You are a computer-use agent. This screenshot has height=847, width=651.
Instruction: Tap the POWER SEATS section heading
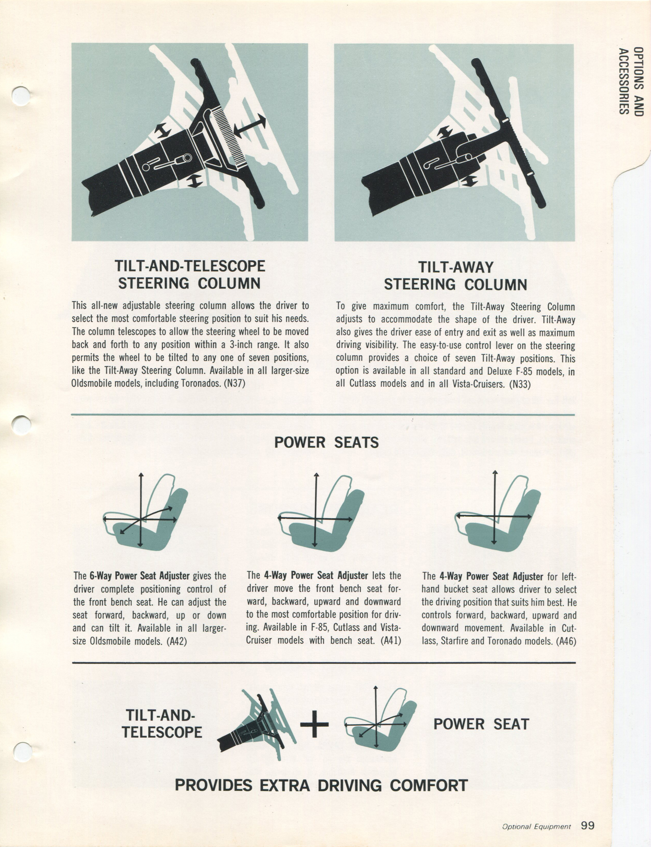click(x=326, y=442)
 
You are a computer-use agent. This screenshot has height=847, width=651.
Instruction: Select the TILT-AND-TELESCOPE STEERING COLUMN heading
click(x=190, y=275)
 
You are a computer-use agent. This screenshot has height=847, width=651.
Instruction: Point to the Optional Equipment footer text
click(x=536, y=826)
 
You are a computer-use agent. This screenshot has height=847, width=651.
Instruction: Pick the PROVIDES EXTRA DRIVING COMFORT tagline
click(x=321, y=785)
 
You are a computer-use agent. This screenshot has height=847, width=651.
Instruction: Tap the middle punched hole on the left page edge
click(x=21, y=425)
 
